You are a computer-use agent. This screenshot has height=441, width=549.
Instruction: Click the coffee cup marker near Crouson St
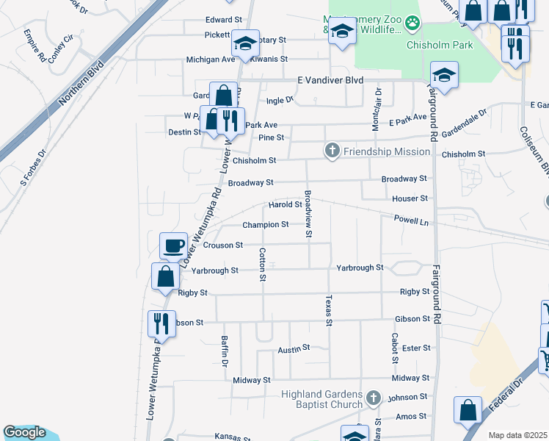point(174,246)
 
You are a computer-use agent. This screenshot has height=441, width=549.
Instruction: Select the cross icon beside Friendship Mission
point(332,151)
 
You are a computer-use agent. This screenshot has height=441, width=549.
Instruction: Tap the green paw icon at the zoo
point(414,23)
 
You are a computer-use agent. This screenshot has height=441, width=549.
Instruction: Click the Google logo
point(24,432)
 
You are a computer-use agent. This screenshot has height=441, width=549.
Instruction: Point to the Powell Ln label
point(410,220)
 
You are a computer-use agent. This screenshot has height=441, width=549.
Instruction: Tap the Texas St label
point(329,310)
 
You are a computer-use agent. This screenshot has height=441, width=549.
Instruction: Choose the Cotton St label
point(262,264)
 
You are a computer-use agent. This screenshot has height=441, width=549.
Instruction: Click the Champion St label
point(265,224)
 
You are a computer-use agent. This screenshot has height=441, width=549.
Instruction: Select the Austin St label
point(294,349)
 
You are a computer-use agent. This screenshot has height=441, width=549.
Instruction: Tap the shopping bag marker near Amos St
point(468,411)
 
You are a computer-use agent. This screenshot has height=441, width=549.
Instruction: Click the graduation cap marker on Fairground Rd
point(443,75)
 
